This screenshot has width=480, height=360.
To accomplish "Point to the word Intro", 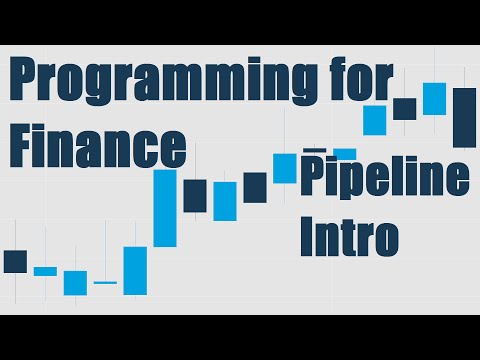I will [x=349, y=237].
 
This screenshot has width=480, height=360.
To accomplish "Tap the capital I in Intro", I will [x=307, y=237].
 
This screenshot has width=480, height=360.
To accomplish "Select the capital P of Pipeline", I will [x=314, y=178].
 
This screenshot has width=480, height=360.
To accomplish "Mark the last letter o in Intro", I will [x=386, y=241].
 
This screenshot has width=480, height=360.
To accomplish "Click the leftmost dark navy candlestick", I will [x=15, y=261].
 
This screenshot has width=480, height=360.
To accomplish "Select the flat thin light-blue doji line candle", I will [x=105, y=283].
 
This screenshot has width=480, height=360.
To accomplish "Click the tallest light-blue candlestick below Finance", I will [x=165, y=208].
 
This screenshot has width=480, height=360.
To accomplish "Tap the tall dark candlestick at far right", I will [x=464, y=117].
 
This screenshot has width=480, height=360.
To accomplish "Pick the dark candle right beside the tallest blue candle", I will [x=195, y=195].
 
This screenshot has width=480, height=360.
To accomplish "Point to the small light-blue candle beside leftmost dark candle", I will [x=45, y=271].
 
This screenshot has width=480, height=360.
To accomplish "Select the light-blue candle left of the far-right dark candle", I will [x=434, y=98].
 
